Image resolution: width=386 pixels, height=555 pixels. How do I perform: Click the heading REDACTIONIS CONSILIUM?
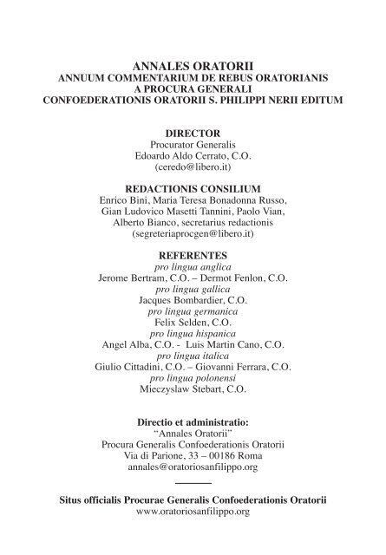pyautogui.click(x=193, y=187)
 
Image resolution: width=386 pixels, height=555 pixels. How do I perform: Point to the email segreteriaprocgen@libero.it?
pyautogui.click(x=193, y=234)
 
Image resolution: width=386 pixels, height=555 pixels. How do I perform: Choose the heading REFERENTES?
pyautogui.click(x=193, y=256)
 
